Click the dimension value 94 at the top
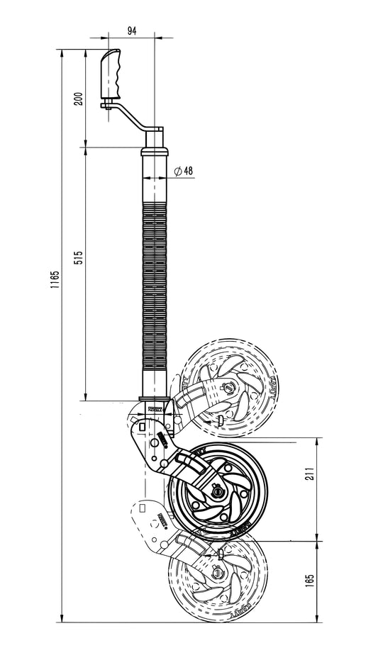(131, 30)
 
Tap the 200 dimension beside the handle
(78, 99)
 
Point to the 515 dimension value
(78, 256)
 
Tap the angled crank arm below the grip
(135, 116)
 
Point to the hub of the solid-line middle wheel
(218, 491)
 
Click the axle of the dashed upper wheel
(228, 386)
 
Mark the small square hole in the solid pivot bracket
(144, 427)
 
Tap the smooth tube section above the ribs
(155, 181)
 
